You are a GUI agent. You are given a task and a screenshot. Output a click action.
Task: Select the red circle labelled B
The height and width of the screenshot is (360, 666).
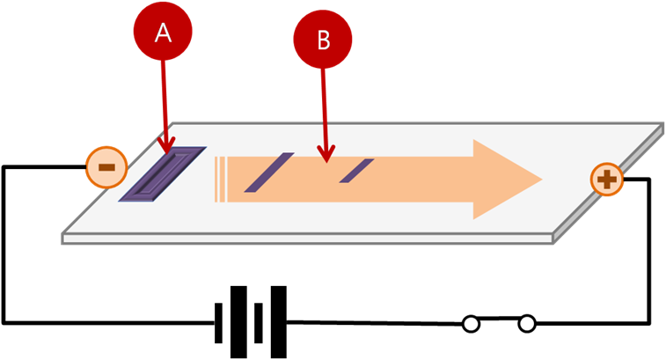click(x=322, y=40)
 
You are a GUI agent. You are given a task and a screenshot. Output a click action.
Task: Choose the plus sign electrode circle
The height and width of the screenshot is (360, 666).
click(x=607, y=181)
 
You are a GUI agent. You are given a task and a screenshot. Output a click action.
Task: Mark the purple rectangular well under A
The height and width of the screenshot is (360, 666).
click(x=163, y=173)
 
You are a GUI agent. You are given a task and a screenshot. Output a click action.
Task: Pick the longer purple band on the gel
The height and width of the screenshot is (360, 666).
click(x=268, y=172)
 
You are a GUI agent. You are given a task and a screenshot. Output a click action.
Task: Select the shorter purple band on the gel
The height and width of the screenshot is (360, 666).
click(x=357, y=170)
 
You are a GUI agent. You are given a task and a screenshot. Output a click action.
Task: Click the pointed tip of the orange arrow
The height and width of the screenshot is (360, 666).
click(x=539, y=179)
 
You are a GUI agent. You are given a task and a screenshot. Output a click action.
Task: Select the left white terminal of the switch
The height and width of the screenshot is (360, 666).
click(x=472, y=325)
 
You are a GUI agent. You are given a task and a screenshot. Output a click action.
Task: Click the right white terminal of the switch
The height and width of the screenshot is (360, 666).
click(x=527, y=325)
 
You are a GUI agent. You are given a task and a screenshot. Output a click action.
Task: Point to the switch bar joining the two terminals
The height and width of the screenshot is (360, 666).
click(x=499, y=320)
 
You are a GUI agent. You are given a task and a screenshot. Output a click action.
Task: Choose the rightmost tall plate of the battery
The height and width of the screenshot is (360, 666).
click(x=279, y=322)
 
